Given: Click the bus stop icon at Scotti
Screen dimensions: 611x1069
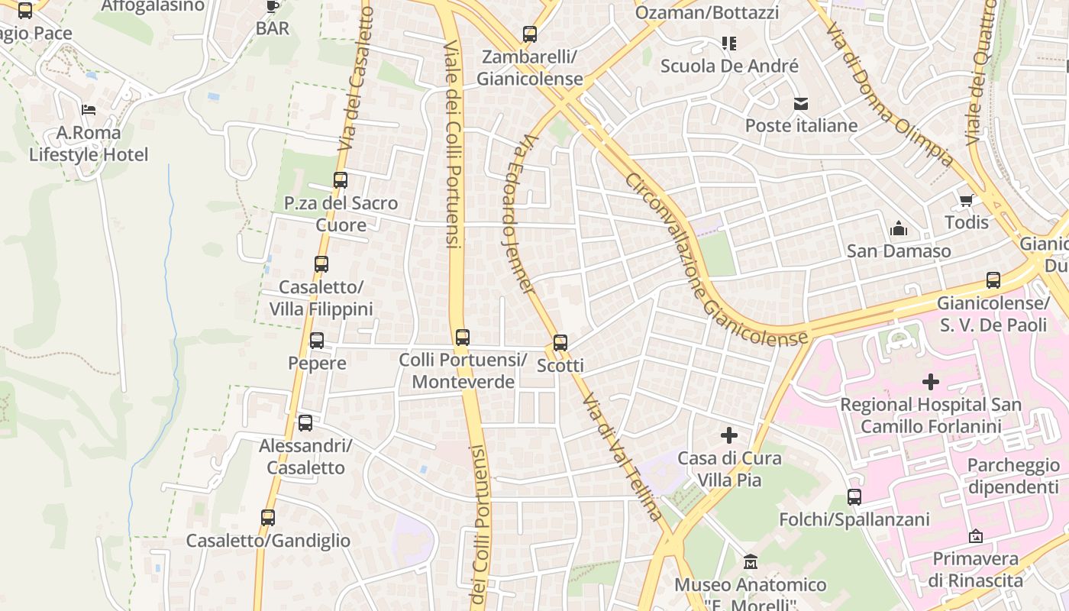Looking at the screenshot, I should pos(560,343).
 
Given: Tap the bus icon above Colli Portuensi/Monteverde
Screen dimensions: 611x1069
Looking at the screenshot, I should pos(462,337).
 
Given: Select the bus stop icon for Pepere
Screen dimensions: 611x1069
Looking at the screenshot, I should pos(316,341).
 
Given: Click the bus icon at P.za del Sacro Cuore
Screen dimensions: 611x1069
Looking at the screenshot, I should pos(341,180).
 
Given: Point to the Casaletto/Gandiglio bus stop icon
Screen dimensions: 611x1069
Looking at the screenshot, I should pos(268,518).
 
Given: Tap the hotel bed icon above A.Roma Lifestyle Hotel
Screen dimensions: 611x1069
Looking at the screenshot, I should pos(89,110).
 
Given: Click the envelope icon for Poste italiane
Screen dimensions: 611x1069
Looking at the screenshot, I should pos(800,104).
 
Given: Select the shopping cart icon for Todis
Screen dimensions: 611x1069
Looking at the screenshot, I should pos(966,201).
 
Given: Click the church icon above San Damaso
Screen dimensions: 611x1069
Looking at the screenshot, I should pos(899,228).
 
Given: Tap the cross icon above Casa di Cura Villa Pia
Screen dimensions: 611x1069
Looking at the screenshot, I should pos(729,435).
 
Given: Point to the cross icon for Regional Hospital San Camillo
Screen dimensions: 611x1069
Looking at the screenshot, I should pos(930,381).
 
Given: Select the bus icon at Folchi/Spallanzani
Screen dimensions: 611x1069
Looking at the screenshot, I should pos(854,497).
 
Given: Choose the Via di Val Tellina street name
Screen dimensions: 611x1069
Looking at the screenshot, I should pos(622,457).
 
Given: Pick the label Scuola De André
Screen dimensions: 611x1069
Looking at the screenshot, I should pos(729,66).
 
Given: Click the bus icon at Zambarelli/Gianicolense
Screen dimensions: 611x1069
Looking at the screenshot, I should pos(530,34).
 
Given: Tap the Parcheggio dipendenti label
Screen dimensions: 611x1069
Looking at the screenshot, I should pos(1013,477).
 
